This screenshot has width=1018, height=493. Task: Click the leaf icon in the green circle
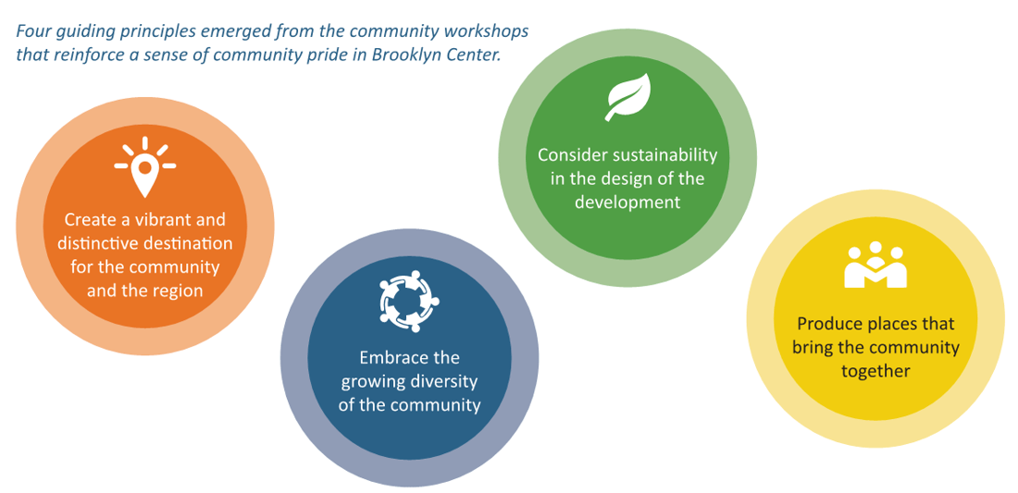(627, 97)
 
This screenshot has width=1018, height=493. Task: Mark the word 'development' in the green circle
(628, 203)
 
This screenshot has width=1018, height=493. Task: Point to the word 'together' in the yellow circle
(875, 371)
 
